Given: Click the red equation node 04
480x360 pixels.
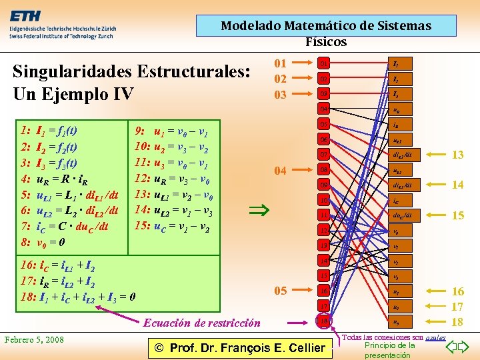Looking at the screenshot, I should tap(324, 108).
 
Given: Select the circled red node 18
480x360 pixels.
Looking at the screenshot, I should tap(324, 321).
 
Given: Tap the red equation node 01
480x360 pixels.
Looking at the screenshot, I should tap(324, 64).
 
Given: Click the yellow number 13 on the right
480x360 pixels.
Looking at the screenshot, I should tap(457, 155).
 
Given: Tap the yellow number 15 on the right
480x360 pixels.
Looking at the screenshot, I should tap(457, 215).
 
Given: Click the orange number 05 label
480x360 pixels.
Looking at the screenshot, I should tap(281, 291).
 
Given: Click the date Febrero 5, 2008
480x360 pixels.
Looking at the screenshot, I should tap(35, 340).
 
